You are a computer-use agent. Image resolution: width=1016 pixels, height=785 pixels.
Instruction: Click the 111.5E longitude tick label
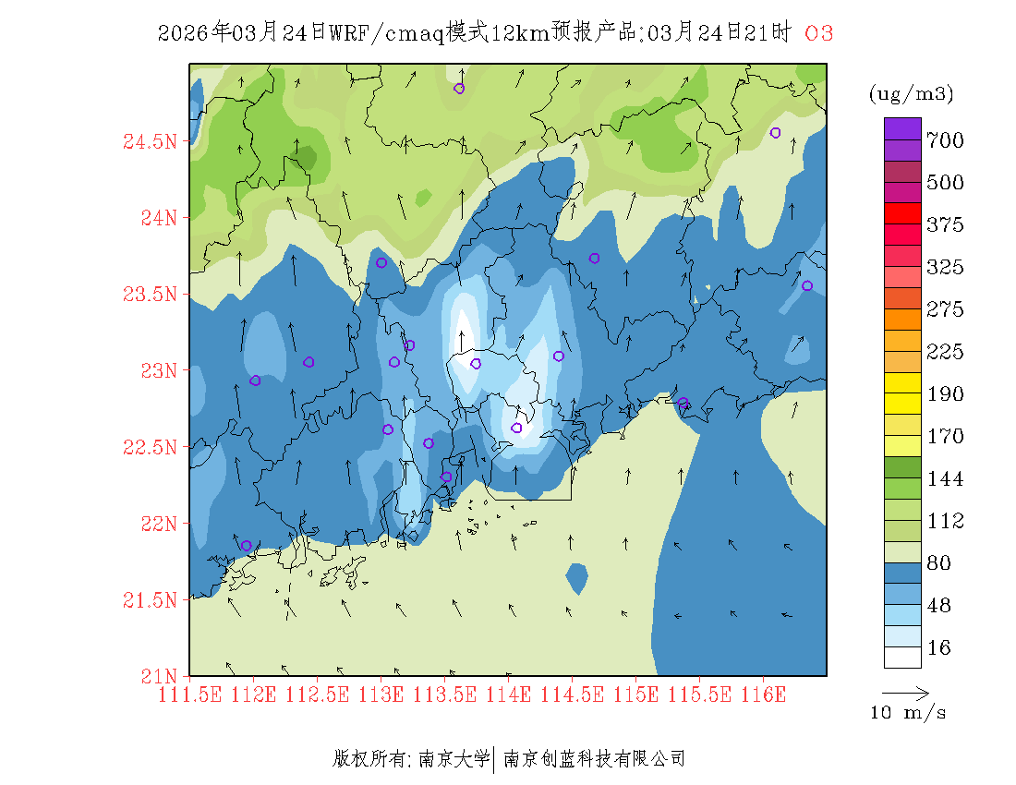[190, 694]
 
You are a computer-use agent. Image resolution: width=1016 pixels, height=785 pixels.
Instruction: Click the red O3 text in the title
[819, 34]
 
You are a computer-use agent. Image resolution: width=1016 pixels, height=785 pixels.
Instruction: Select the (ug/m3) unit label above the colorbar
[911, 94]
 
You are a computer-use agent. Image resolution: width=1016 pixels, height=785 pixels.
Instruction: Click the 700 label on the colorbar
[946, 140]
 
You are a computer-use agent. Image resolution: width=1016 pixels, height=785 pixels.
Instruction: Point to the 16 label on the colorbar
[938, 648]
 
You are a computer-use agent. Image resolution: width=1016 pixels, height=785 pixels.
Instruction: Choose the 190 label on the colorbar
[946, 394]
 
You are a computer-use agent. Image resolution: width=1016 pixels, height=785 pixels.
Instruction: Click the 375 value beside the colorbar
[946, 225]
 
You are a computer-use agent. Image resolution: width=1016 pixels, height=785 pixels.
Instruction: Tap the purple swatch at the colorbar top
[902, 128]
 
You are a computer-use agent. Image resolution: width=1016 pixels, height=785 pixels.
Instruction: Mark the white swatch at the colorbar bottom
[902, 657]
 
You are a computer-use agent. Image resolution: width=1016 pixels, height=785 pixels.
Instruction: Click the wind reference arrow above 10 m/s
[905, 692]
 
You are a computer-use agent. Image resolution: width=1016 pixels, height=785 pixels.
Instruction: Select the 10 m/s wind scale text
[908, 713]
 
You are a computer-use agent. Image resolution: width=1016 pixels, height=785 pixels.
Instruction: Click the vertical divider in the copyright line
[496, 759]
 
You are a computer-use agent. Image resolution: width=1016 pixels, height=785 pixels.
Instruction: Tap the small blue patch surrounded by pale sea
[577, 578]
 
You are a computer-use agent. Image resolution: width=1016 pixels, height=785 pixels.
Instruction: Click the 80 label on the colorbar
[938, 563]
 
